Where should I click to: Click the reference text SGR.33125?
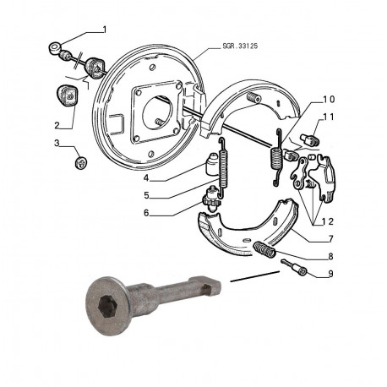point(240,46)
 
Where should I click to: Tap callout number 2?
point(57,125)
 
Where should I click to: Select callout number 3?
point(57,143)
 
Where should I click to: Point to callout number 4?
point(146,177)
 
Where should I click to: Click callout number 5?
point(146,195)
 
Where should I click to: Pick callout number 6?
point(146,213)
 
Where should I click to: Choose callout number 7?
point(330,239)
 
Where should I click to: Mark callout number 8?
point(330,256)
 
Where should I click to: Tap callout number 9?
point(330,274)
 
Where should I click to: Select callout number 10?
point(329,100)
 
